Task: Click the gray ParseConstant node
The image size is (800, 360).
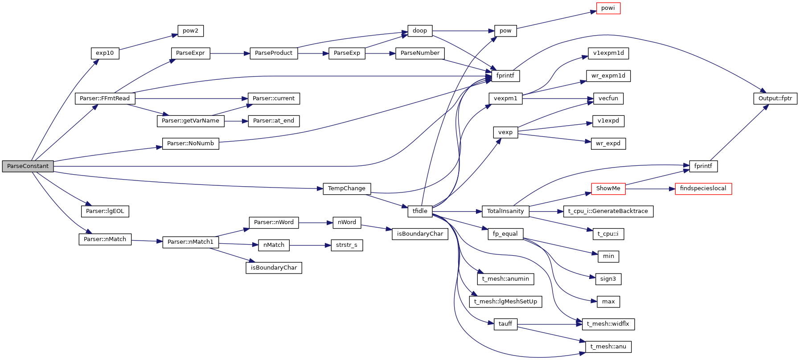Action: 28,166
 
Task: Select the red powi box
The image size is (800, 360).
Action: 608,8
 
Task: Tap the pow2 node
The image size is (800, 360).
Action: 190,31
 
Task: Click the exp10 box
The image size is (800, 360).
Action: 105,53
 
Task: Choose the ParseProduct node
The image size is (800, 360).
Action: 274,53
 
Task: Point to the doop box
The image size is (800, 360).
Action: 419,31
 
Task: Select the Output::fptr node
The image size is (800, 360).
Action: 775,98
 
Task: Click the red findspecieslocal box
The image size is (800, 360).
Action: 703,188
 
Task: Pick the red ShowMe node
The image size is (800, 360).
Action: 608,188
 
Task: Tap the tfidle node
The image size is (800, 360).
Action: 419,211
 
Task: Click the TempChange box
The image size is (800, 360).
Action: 346,188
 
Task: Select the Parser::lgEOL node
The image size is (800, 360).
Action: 105,211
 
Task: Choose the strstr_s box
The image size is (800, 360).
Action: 346,245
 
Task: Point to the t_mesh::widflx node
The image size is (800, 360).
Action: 608,324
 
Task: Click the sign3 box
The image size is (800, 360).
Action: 608,279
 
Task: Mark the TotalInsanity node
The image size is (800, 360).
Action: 505,211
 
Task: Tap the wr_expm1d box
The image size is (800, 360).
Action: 608,76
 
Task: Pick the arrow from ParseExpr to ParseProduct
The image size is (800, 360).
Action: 230,53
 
